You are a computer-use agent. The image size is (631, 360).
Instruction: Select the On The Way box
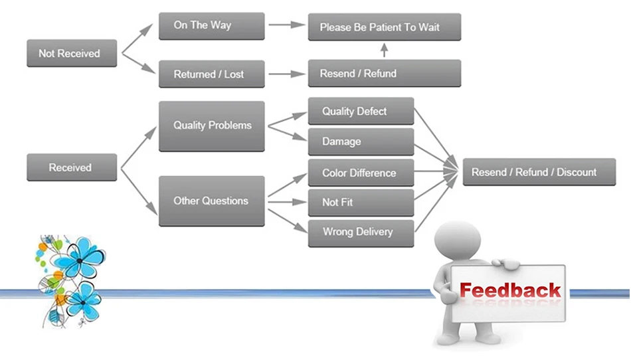[x=211, y=26]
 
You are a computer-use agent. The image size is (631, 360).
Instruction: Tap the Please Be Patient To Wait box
[x=384, y=27]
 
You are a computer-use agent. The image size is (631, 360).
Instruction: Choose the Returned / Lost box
[x=211, y=74]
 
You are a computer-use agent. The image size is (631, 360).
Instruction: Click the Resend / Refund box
[x=384, y=73]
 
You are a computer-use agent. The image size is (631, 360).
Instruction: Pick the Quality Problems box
[x=211, y=125]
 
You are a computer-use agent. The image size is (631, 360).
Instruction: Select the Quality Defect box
[x=361, y=111]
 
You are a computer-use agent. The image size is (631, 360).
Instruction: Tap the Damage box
[x=361, y=141]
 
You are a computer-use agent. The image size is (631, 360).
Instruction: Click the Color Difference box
[x=361, y=173]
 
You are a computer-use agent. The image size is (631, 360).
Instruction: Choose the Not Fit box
[x=361, y=202]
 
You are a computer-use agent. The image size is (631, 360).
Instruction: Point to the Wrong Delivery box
[x=361, y=232]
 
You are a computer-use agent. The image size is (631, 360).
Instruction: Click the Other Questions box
[x=211, y=201]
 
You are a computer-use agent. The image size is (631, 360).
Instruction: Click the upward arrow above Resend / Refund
[x=384, y=50]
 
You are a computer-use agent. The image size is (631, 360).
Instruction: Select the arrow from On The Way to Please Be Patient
[x=286, y=26]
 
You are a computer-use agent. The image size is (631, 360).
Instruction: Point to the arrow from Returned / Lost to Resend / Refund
[x=286, y=74]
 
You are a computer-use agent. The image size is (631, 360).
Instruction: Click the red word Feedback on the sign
[x=510, y=290]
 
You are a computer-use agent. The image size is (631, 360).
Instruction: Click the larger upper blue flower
[x=79, y=259]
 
